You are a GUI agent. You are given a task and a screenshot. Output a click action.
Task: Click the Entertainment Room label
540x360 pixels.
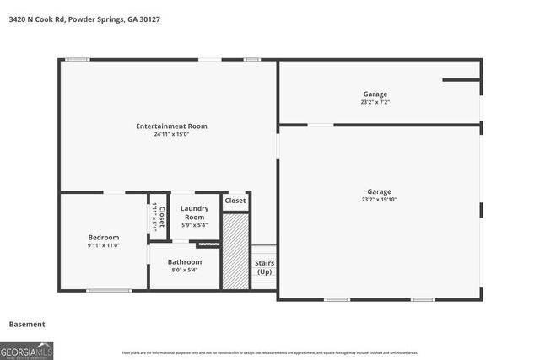(171, 126)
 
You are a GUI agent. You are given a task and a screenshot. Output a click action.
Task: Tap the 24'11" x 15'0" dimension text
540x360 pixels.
(171, 135)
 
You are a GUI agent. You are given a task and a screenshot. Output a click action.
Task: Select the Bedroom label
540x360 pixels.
(104, 237)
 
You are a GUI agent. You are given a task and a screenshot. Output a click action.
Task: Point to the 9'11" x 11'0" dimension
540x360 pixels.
(104, 245)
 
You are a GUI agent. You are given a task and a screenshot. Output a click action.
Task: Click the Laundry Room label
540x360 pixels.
(195, 212)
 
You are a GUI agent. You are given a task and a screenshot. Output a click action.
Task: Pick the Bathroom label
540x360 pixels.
(184, 262)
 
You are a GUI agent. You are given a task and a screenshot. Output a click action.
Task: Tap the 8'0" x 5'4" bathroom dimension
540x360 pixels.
(184, 271)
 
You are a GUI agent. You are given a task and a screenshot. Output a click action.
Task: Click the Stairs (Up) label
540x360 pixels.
(264, 267)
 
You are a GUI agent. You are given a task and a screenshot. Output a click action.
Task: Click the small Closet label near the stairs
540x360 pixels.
(235, 201)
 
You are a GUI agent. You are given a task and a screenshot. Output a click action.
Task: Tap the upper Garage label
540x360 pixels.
(375, 94)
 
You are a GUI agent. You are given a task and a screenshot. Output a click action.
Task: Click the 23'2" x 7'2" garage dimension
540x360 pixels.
(375, 102)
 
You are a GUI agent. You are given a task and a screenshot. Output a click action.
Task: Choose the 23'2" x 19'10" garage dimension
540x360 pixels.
(379, 200)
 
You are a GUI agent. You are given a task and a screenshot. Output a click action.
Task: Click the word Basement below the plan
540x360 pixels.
(27, 324)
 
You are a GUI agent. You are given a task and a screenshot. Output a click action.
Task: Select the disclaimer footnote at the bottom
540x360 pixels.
(270, 352)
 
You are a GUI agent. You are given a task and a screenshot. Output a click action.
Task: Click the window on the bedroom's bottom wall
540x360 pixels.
(108, 291)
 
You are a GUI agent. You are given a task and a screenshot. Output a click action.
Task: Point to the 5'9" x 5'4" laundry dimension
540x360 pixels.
(195, 225)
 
